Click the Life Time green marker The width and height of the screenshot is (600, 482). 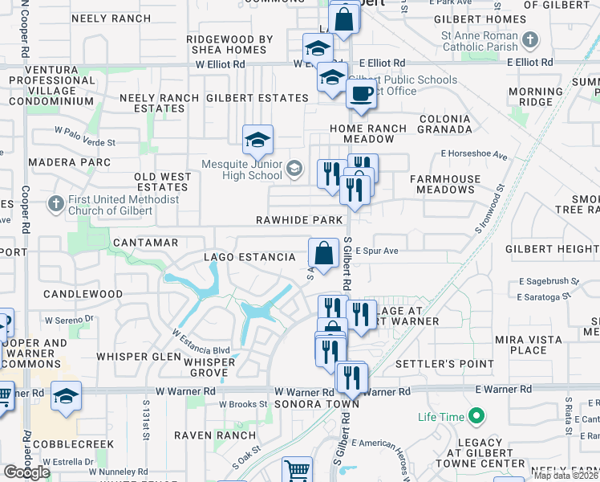point(476,416)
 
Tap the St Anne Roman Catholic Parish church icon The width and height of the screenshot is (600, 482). point(530,39)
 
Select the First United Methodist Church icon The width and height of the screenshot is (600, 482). point(55,204)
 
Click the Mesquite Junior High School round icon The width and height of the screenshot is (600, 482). point(294,168)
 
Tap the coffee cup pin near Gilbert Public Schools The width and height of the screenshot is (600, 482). point(361,93)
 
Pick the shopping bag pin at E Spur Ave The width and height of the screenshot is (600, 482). point(323,254)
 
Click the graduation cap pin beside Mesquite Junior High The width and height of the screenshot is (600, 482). point(257,141)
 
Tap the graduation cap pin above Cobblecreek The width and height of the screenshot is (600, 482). point(66,395)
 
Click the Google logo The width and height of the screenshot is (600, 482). point(26,472)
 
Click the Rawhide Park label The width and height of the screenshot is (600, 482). point(299,220)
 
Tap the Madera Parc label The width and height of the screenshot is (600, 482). point(69,162)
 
